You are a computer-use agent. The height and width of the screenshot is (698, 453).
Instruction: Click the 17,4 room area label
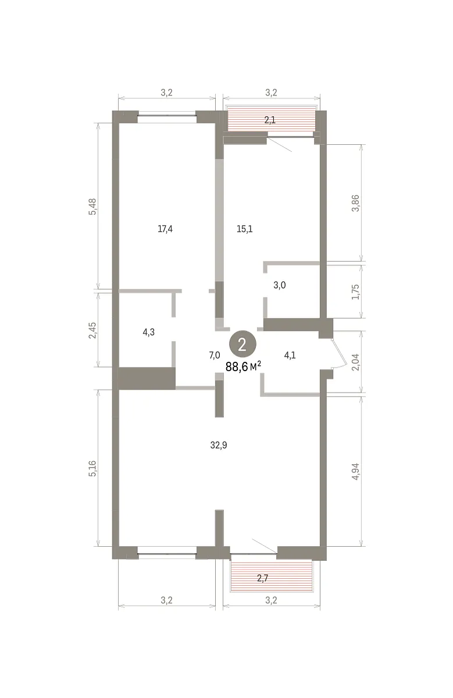(x=165, y=229)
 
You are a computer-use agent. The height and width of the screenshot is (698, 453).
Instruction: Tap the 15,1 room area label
(x=245, y=229)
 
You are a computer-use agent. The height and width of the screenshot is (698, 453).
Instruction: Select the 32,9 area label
(x=219, y=446)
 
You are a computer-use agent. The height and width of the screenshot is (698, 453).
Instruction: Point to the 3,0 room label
(x=280, y=285)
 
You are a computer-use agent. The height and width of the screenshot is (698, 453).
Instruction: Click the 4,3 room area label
(x=149, y=332)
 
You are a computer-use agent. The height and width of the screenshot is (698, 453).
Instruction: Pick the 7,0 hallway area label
(x=215, y=355)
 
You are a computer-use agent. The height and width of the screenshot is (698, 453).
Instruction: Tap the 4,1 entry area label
(x=290, y=355)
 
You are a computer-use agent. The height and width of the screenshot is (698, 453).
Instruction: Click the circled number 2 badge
(x=242, y=344)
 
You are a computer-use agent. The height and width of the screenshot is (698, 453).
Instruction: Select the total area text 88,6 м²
(x=243, y=367)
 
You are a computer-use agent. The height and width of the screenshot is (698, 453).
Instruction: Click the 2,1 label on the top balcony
(x=270, y=120)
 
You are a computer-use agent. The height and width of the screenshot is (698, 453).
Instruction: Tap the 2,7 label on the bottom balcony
(x=262, y=578)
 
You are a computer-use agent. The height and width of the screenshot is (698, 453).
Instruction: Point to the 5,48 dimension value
(x=93, y=206)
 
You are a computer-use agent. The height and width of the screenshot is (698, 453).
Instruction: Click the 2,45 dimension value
(x=93, y=330)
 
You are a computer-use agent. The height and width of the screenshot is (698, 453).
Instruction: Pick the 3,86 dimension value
(x=355, y=203)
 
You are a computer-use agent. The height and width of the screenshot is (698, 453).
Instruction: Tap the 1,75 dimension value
(x=355, y=292)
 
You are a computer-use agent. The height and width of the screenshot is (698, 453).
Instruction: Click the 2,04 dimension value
(x=355, y=362)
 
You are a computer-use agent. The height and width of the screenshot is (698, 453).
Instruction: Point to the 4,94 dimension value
(x=355, y=472)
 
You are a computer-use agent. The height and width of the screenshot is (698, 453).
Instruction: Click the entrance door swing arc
(x=341, y=352)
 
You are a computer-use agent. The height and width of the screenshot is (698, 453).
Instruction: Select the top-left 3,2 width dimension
(x=166, y=92)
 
